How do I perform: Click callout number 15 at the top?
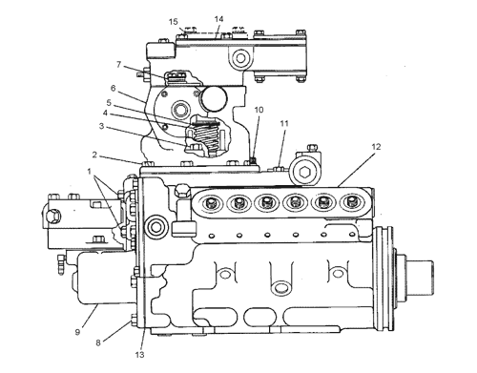pyautogui.click(x=174, y=22)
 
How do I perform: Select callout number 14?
pyautogui.click(x=218, y=19)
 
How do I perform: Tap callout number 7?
pyautogui.click(x=119, y=65)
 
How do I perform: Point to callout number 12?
pyautogui.click(x=376, y=147)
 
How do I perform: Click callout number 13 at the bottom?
pyautogui.click(x=139, y=355)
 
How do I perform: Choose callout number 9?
pyautogui.click(x=78, y=332)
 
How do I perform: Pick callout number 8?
pyautogui.click(x=98, y=342)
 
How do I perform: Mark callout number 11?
pyautogui.click(x=284, y=123)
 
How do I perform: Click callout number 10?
pyautogui.click(x=259, y=110)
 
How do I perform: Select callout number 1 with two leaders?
pyautogui.click(x=90, y=172)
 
